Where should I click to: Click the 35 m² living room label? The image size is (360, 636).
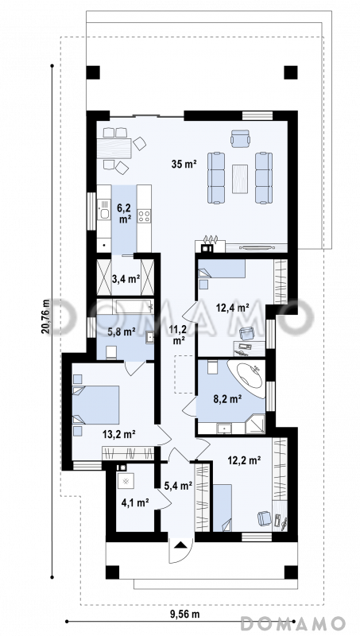(x=184, y=165)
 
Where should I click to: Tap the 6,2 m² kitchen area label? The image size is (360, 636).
(x=126, y=214)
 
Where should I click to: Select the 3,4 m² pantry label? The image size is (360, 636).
(x=126, y=279)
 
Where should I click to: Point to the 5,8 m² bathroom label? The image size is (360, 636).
(x=121, y=332)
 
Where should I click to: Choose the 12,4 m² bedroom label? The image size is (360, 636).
(x=232, y=308)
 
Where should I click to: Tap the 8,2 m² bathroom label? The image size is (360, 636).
(x=227, y=400)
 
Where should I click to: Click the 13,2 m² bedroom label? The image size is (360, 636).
(x=118, y=434)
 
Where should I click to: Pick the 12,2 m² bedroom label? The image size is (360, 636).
(x=243, y=460)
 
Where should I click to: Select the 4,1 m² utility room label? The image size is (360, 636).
(x=134, y=502)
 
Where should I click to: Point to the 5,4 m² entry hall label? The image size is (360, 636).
(x=178, y=486)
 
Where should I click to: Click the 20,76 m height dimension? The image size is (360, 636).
(x=45, y=316)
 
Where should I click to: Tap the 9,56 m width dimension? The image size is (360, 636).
(x=184, y=614)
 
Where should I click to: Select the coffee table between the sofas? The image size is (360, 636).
(x=240, y=178)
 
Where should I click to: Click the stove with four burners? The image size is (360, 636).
(x=144, y=216)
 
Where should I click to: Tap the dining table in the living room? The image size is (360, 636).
(x=114, y=148)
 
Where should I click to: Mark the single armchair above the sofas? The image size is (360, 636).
(x=241, y=138)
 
